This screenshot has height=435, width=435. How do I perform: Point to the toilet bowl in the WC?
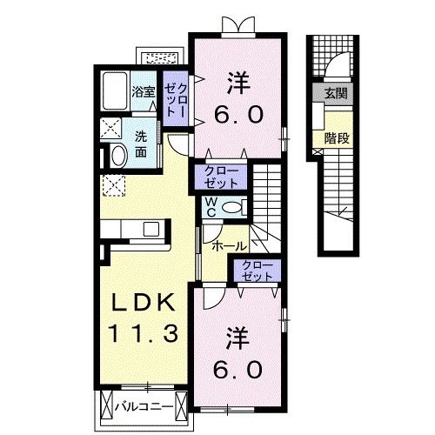(229, 206)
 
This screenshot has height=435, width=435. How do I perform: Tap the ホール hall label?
(228, 245)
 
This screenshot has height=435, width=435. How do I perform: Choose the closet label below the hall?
(257, 271)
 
